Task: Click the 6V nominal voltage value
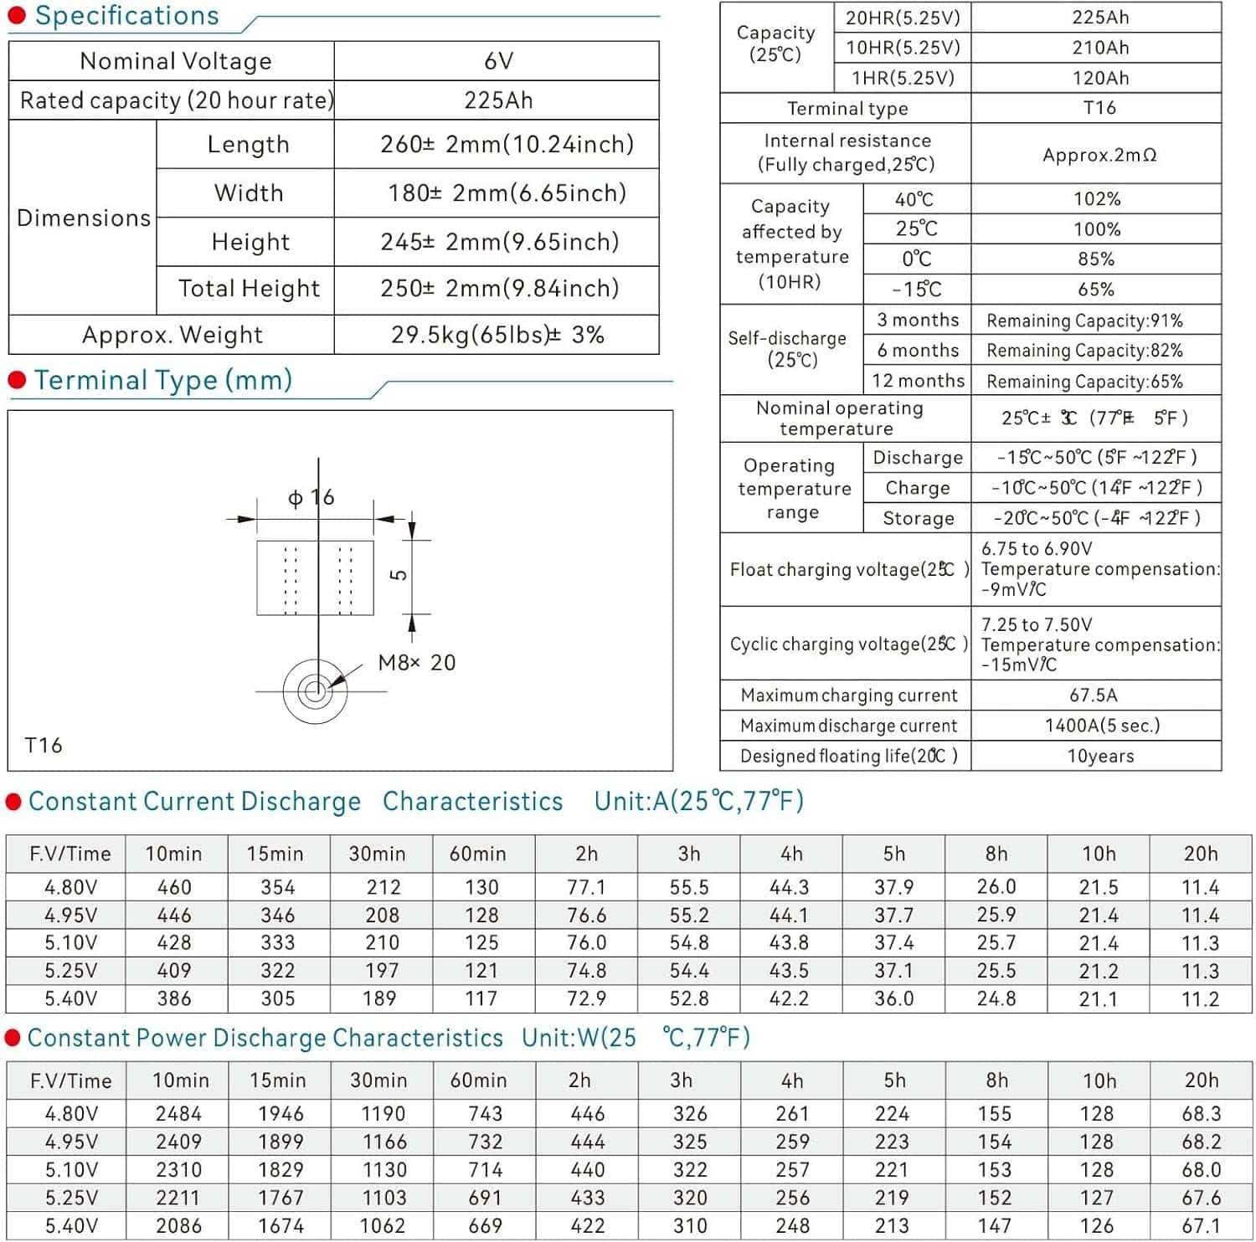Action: coord(498,61)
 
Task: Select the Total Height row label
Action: coord(249,289)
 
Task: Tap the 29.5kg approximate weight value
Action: coord(497,335)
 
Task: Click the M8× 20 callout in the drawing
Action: coord(416,663)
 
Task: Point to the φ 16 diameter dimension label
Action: coord(311,498)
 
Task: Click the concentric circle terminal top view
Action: coord(315,691)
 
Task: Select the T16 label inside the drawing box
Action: coord(44,745)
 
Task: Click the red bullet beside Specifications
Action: coord(17,15)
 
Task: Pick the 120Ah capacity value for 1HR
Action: coord(1100,78)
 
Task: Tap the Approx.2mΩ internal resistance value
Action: coord(1099,155)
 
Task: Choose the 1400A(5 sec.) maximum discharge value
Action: coord(1102,726)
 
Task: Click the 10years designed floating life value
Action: coord(1100,756)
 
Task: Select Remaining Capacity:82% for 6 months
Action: coord(1084,351)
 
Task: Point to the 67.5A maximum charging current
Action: coord(1094,695)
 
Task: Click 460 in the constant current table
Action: coord(174,887)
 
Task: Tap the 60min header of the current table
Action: coord(477,854)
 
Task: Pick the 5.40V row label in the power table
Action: coord(71,1226)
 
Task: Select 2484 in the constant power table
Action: coord(178,1114)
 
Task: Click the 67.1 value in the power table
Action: coord(1201,1226)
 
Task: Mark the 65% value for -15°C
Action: coord(1096,290)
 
